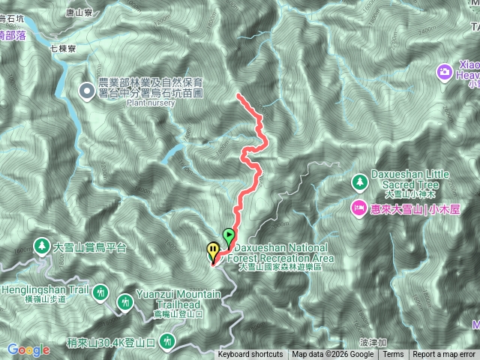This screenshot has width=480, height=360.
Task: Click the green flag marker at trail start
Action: coord(228,236)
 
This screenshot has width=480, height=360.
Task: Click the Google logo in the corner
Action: coord(28,349)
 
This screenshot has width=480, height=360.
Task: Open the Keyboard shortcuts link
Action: coord(250,355)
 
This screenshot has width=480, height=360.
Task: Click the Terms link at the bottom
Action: coord(393,355)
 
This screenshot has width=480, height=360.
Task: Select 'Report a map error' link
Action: coord(444,355)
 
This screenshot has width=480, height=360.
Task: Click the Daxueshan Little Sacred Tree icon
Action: coord(359,182)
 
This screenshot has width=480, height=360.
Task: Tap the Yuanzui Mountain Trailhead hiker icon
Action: coord(125,302)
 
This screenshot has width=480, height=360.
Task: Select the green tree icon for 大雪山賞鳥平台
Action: coord(43,246)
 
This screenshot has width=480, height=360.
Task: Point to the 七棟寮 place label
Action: coord(63,47)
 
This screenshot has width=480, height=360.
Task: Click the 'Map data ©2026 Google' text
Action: coord(333,355)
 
